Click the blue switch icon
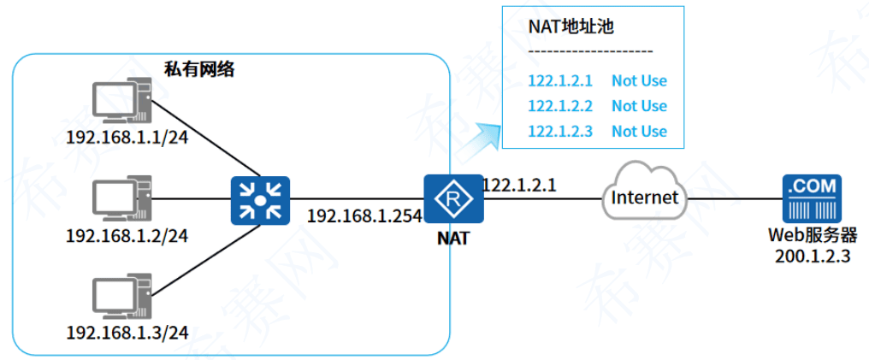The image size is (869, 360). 260,201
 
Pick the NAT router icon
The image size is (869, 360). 453,200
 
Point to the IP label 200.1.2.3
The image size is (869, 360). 812,257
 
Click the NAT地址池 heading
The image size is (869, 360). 571,27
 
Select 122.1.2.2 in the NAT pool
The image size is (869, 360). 560,106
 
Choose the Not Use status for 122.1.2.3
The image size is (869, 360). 639,131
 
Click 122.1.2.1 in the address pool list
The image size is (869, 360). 560,81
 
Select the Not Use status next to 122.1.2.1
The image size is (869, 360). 639,81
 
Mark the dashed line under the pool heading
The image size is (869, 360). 590,53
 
